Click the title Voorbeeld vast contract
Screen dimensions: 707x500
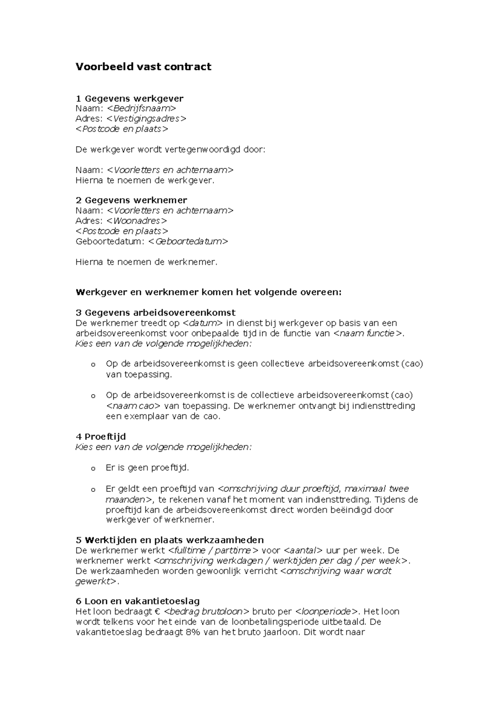(x=143, y=67)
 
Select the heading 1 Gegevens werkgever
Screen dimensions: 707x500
(x=129, y=98)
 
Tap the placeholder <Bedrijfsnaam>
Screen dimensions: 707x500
(x=141, y=108)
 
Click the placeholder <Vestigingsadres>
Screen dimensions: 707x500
(x=146, y=119)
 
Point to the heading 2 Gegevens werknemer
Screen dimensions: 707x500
(x=131, y=200)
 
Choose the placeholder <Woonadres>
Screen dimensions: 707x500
(x=137, y=221)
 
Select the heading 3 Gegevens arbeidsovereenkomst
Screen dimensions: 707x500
(x=155, y=312)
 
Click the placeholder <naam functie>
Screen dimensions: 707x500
(x=368, y=333)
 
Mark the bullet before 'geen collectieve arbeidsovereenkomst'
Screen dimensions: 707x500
(x=93, y=365)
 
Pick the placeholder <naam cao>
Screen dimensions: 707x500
(x=133, y=406)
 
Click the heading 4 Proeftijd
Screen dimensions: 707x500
(x=100, y=436)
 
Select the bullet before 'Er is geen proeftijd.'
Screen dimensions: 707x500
(x=93, y=469)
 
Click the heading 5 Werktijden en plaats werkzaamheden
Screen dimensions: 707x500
(x=170, y=540)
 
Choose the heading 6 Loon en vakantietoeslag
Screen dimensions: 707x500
(x=137, y=601)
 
